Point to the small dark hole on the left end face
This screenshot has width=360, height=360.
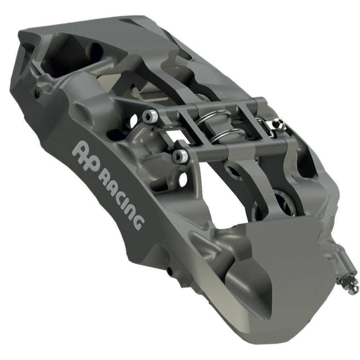37,93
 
